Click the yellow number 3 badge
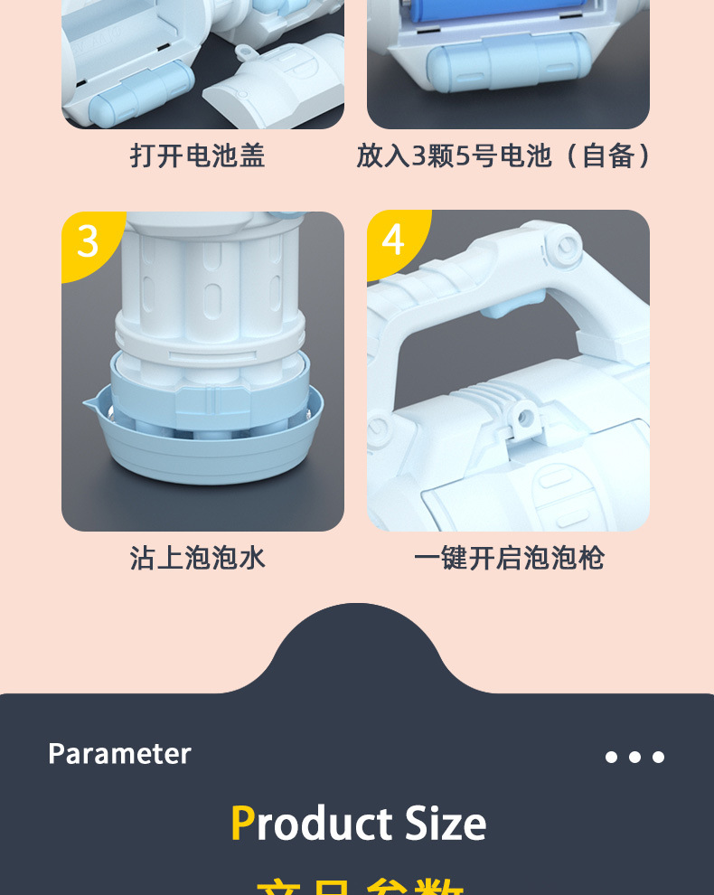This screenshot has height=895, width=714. click(88, 241)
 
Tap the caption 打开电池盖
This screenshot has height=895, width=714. click(198, 155)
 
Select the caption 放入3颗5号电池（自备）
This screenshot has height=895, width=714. click(503, 155)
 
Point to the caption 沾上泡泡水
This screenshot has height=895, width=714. click(198, 558)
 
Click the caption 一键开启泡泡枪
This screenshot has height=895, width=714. click(508, 558)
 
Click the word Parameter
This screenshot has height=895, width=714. click(119, 754)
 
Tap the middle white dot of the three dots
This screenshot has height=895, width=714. click(634, 758)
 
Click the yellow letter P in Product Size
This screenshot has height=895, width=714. click(242, 824)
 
